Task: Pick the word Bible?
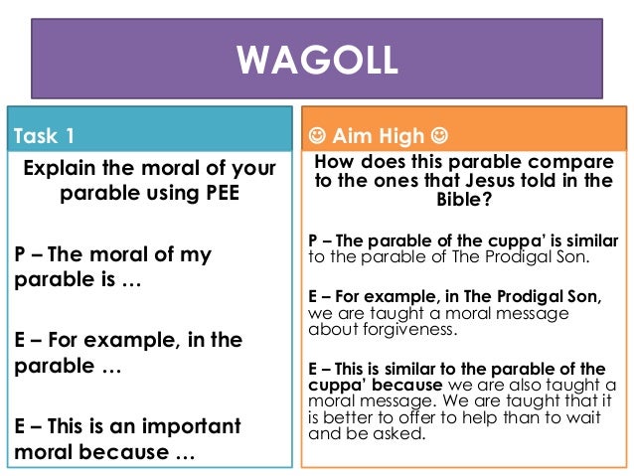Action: tap(467, 199)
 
